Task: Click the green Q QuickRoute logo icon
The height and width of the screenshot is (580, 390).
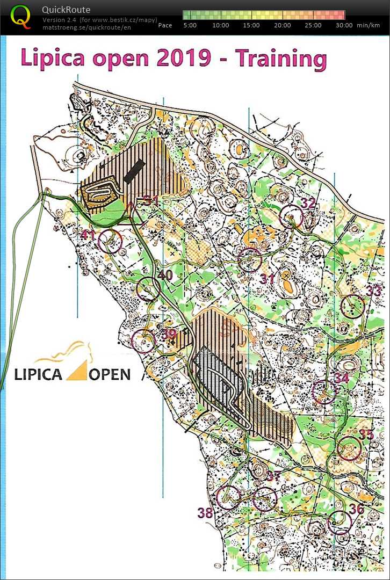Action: coord(21,17)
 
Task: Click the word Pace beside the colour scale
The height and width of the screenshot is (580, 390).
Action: coord(165,25)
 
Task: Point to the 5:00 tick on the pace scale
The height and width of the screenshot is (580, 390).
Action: coord(190,25)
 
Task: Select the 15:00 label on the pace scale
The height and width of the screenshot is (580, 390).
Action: coord(251,25)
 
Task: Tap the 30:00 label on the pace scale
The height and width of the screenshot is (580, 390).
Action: coord(344,25)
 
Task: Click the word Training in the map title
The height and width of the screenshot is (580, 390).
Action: coord(281,59)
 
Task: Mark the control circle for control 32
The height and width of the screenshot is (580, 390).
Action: coord(292,217)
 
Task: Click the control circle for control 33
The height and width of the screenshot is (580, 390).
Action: coord(353,307)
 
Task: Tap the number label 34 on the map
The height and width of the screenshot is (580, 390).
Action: coord(342,378)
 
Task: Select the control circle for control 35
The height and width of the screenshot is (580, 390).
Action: coord(350,449)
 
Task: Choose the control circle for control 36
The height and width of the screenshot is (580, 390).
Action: coord(340,522)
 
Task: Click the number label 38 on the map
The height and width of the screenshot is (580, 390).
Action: coord(205,513)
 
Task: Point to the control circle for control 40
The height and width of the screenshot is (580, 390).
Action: coord(148,289)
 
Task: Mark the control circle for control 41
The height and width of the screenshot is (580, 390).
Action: coord(110,241)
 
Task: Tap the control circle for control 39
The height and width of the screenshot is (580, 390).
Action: coord(143,341)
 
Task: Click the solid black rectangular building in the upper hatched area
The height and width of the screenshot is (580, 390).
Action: coord(134,170)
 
